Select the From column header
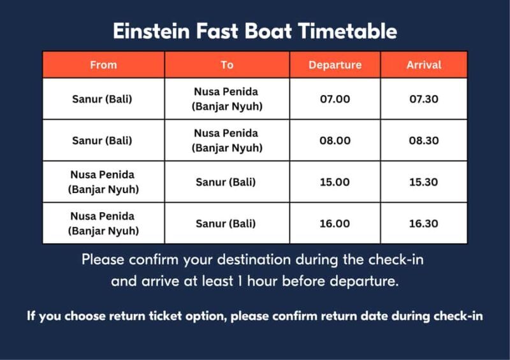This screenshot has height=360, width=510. click(x=103, y=65)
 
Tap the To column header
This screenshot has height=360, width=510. click(x=227, y=65)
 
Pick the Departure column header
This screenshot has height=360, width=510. click(x=335, y=65)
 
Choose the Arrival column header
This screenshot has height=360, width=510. click(x=424, y=65)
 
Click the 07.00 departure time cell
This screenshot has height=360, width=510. click(x=335, y=99)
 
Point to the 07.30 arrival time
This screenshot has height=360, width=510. click(x=424, y=99)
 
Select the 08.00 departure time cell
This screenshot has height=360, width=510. click(x=335, y=141)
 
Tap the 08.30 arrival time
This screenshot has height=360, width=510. click(x=424, y=141)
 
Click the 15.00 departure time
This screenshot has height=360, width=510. click(x=335, y=182)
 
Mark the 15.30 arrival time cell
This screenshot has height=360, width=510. click(x=424, y=182)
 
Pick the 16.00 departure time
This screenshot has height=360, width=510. click(x=335, y=224)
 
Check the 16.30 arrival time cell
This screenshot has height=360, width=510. click(x=424, y=224)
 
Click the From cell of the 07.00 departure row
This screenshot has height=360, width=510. click(x=103, y=99)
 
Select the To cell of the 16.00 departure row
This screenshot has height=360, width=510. click(x=227, y=224)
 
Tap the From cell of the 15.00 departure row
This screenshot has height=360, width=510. click(x=103, y=182)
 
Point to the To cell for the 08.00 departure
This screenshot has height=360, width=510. click(x=227, y=141)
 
